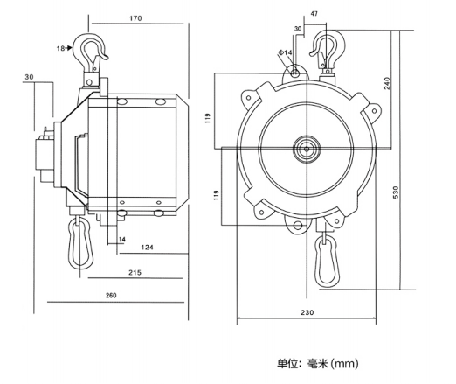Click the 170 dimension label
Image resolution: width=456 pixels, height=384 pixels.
pos(135,18)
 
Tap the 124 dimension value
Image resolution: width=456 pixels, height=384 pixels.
pos(147,248)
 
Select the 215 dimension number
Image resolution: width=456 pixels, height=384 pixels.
pos(135,272)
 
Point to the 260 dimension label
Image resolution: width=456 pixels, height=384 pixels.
pos(111,296)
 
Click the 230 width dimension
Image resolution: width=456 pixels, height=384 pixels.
pos(307,312)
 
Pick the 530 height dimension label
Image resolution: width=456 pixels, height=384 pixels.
pos(396,192)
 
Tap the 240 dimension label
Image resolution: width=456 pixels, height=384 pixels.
pos(387,83)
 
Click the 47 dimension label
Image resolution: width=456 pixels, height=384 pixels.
pos(314,14)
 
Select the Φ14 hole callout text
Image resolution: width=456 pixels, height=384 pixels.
pos(285,52)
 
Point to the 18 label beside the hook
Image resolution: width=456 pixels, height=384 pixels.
pos(60,48)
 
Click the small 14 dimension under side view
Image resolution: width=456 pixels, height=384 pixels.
pos(122,240)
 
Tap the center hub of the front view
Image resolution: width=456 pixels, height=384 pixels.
pos(307,149)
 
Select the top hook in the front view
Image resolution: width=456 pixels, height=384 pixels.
pos(328,50)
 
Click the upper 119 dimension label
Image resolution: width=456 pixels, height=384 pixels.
pos(208,118)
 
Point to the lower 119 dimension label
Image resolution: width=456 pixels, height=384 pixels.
pos(216,195)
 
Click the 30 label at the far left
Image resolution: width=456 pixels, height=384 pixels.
pos(29,77)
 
